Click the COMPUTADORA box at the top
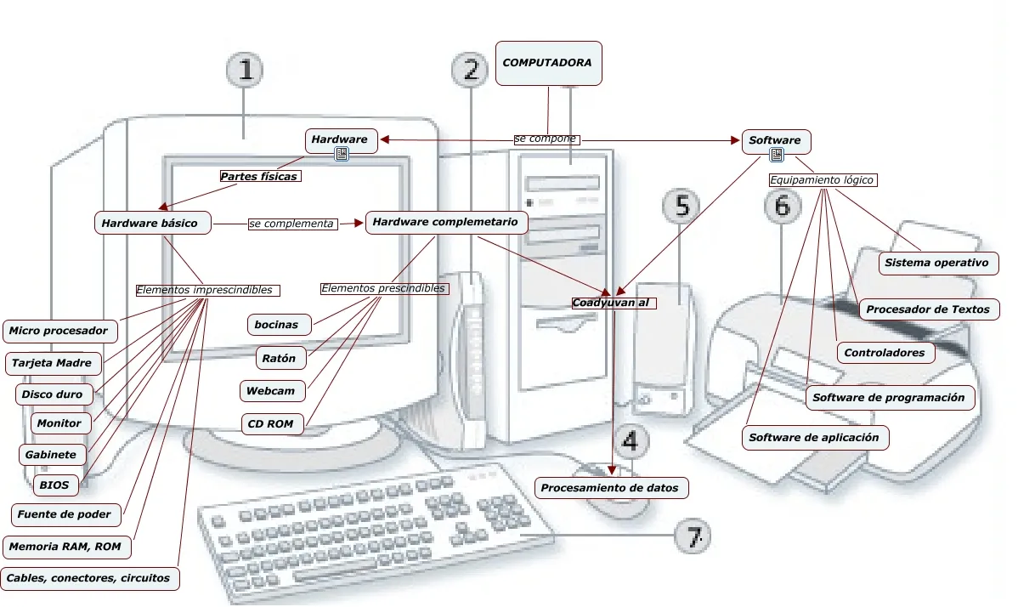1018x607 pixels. click(x=548, y=64)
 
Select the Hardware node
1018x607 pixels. click(x=340, y=140)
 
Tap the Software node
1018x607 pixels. click(x=776, y=140)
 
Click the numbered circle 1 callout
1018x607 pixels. click(x=246, y=71)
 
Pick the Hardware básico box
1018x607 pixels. click(x=150, y=224)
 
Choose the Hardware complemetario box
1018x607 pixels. click(x=446, y=223)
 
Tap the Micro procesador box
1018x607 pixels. click(x=59, y=331)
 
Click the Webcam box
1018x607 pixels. click(x=271, y=391)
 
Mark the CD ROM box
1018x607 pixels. click(x=271, y=423)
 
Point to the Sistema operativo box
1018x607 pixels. click(x=936, y=263)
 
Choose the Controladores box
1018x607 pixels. click(x=885, y=352)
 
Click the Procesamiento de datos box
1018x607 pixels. click(x=610, y=488)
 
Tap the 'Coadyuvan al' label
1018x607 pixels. click(x=614, y=303)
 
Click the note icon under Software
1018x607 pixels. click(x=776, y=155)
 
